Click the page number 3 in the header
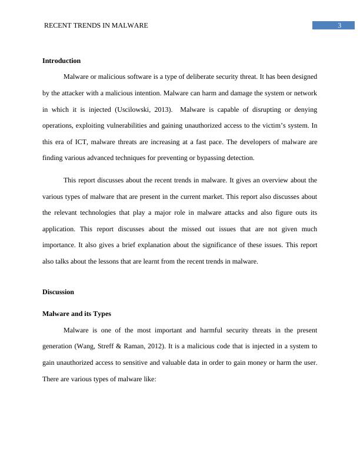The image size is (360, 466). point(340,25)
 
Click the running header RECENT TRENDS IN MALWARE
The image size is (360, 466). point(96,25)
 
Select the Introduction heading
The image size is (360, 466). point(61,61)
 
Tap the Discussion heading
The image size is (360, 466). point(58,292)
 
